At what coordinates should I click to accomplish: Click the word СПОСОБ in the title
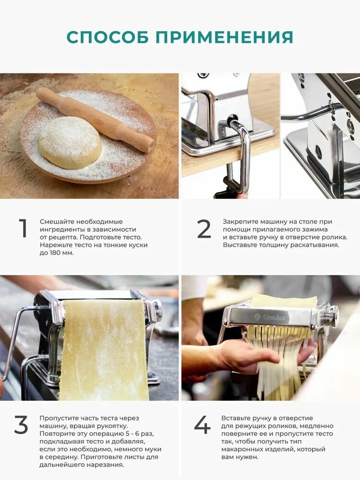108,37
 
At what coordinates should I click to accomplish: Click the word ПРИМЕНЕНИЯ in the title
224,37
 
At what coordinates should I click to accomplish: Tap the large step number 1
23,228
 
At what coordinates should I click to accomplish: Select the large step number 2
204,228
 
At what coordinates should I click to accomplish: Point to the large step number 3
21,425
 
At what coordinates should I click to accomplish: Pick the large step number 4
203,425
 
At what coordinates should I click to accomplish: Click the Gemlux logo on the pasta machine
270,317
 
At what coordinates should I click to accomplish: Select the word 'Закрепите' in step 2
240,222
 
